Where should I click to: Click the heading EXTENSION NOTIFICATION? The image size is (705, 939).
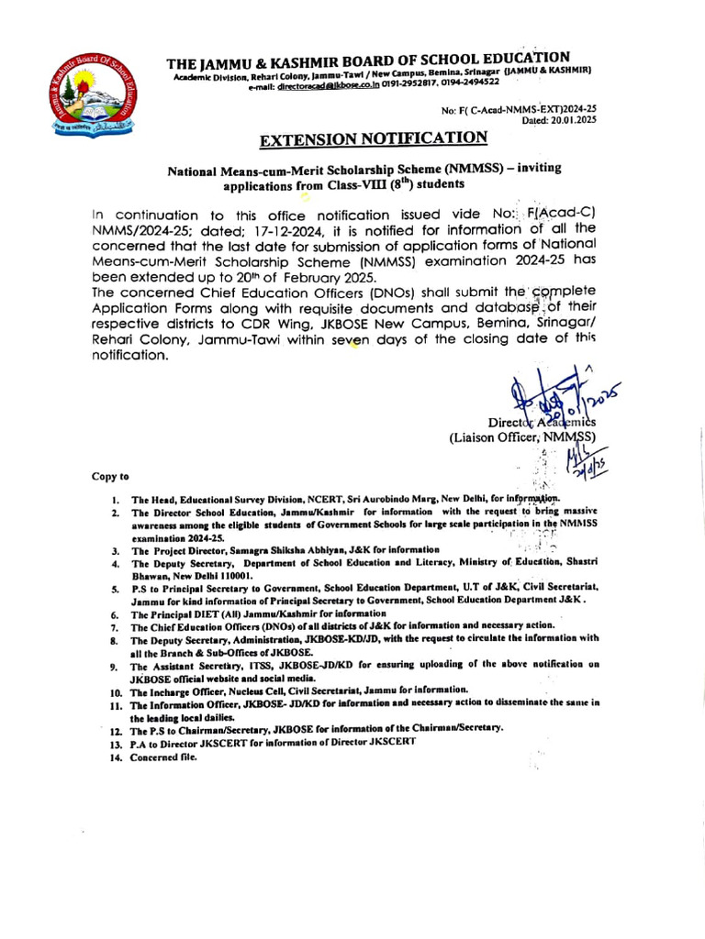[x=374, y=139]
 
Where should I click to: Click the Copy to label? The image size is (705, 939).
[x=109, y=477]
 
